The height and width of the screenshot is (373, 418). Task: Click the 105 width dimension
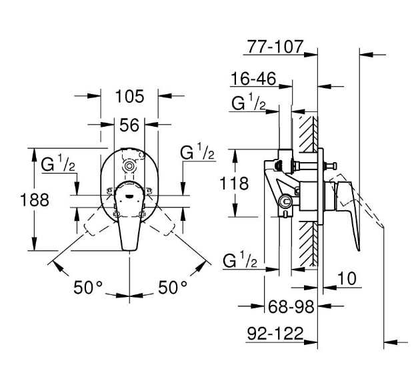pos(129,97)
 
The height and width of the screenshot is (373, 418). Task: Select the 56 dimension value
pos(129,124)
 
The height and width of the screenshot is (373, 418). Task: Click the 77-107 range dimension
pos(275,47)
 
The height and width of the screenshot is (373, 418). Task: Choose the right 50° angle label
pos(173,288)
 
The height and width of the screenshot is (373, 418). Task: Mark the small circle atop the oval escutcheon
pos(127,165)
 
